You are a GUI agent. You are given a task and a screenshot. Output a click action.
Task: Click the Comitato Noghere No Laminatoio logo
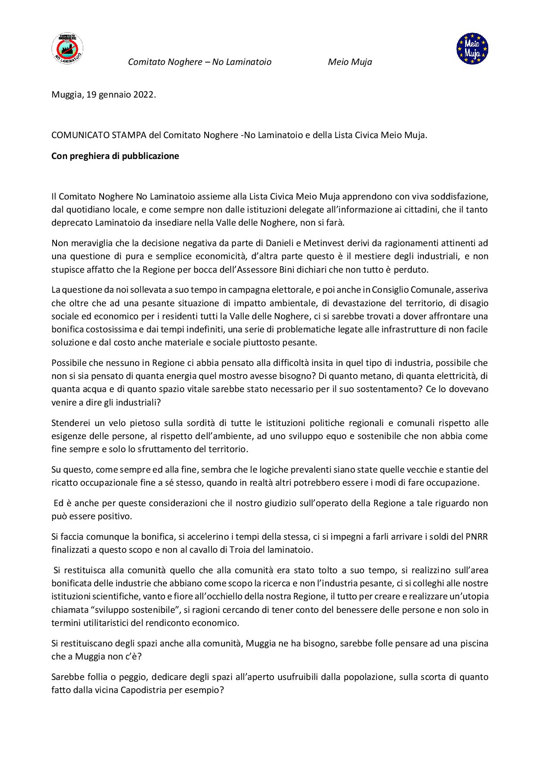(67, 49)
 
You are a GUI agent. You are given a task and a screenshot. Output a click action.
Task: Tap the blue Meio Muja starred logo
(472, 49)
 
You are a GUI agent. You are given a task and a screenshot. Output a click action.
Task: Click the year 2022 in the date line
(144, 95)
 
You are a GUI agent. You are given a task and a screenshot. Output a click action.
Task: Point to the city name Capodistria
(144, 690)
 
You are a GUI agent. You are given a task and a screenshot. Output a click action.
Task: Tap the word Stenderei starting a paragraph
(70, 423)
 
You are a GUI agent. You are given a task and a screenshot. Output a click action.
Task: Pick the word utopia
(476, 596)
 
